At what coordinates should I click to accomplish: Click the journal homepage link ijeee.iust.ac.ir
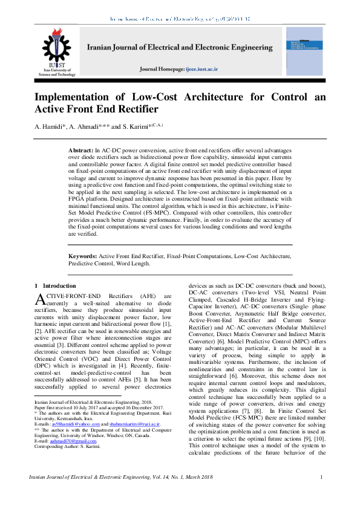coord(209,70)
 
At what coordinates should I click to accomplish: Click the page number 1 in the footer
coord(321,478)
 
